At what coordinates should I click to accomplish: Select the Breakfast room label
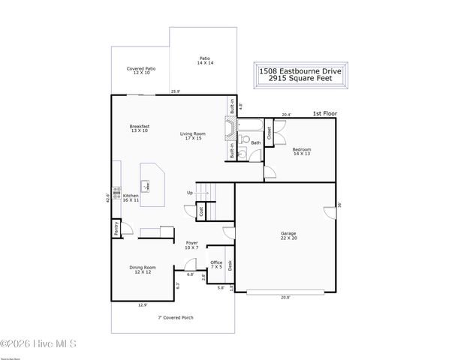(x=140, y=128)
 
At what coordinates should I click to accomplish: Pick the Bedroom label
(x=302, y=151)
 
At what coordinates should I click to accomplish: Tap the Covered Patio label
(x=140, y=70)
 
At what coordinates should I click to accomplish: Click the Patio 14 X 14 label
(x=205, y=60)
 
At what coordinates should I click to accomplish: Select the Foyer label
(x=191, y=245)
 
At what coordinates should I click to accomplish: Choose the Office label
(x=216, y=264)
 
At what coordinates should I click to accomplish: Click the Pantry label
(x=116, y=228)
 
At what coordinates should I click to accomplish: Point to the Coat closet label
(x=201, y=211)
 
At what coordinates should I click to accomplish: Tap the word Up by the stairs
(x=190, y=193)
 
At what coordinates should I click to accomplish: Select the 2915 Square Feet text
(x=300, y=78)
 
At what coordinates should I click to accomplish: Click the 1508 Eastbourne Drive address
(x=300, y=70)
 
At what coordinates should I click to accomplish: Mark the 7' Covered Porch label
(x=176, y=317)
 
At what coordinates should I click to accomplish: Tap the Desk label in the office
(x=230, y=265)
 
